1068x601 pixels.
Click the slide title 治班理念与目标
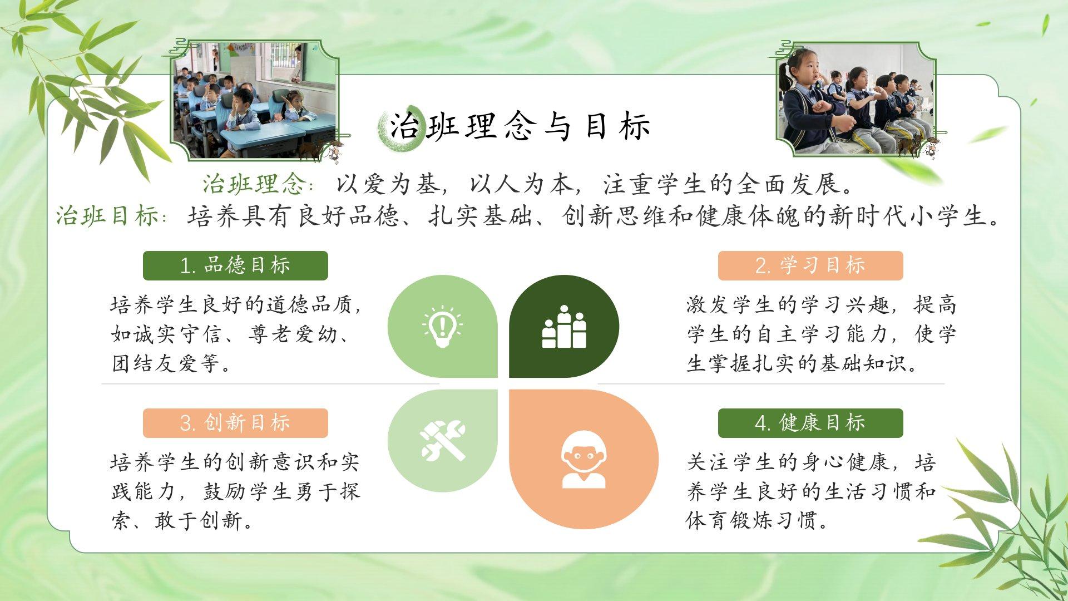point(520,126)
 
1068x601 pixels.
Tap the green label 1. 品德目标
point(235,265)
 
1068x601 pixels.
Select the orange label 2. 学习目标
point(810,265)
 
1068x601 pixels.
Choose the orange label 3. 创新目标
point(235,423)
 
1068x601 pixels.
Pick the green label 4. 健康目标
point(810,423)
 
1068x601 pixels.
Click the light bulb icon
point(442,327)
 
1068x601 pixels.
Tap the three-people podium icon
point(564,327)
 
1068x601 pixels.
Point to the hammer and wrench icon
point(443,441)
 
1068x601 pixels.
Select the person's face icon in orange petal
point(584,459)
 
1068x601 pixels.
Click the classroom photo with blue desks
point(255,100)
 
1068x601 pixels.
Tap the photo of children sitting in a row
point(856,100)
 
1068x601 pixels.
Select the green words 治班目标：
point(112,216)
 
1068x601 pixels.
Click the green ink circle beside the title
point(399,128)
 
